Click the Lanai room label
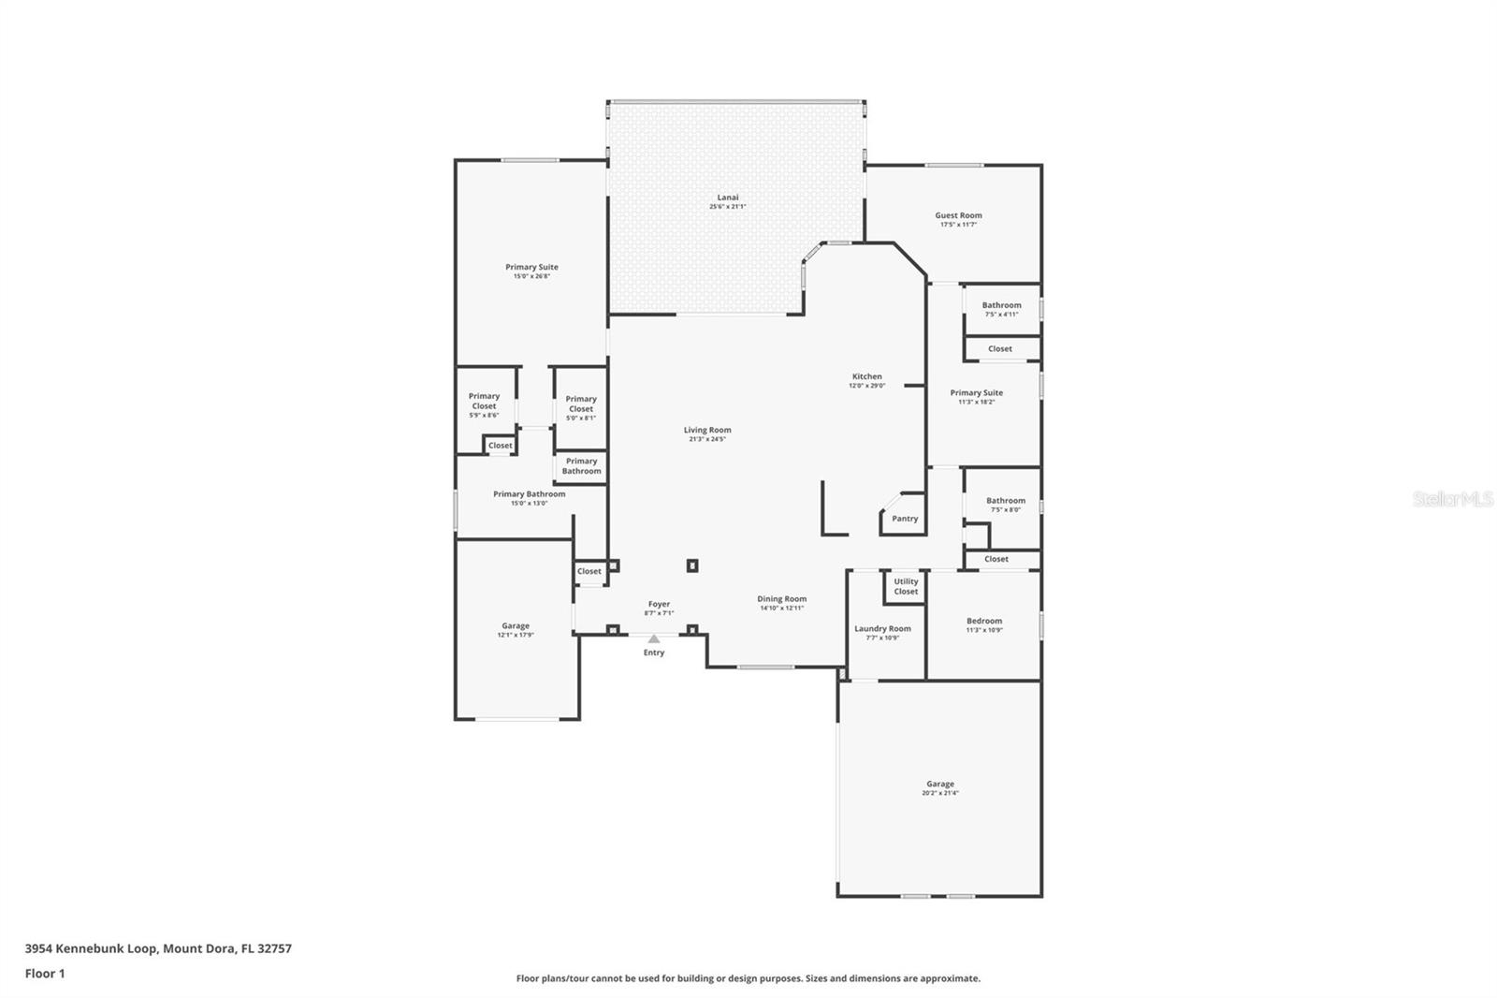point(727,198)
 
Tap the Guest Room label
point(958,215)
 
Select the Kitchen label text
point(866,376)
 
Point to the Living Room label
point(706,431)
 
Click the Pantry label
point(905,519)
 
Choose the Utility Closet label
point(906,586)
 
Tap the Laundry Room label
point(882,629)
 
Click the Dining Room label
point(781,599)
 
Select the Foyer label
point(658,605)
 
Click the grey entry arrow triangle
point(654,638)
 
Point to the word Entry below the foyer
point(654,653)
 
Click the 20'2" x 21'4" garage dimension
point(939,793)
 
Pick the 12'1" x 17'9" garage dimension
point(516,635)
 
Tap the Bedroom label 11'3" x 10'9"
point(984,624)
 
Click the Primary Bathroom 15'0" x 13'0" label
point(529,498)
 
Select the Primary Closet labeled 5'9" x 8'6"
point(484,404)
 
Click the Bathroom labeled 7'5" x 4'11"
point(1001,309)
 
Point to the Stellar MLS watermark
point(1452,500)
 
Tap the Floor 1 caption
point(45,974)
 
